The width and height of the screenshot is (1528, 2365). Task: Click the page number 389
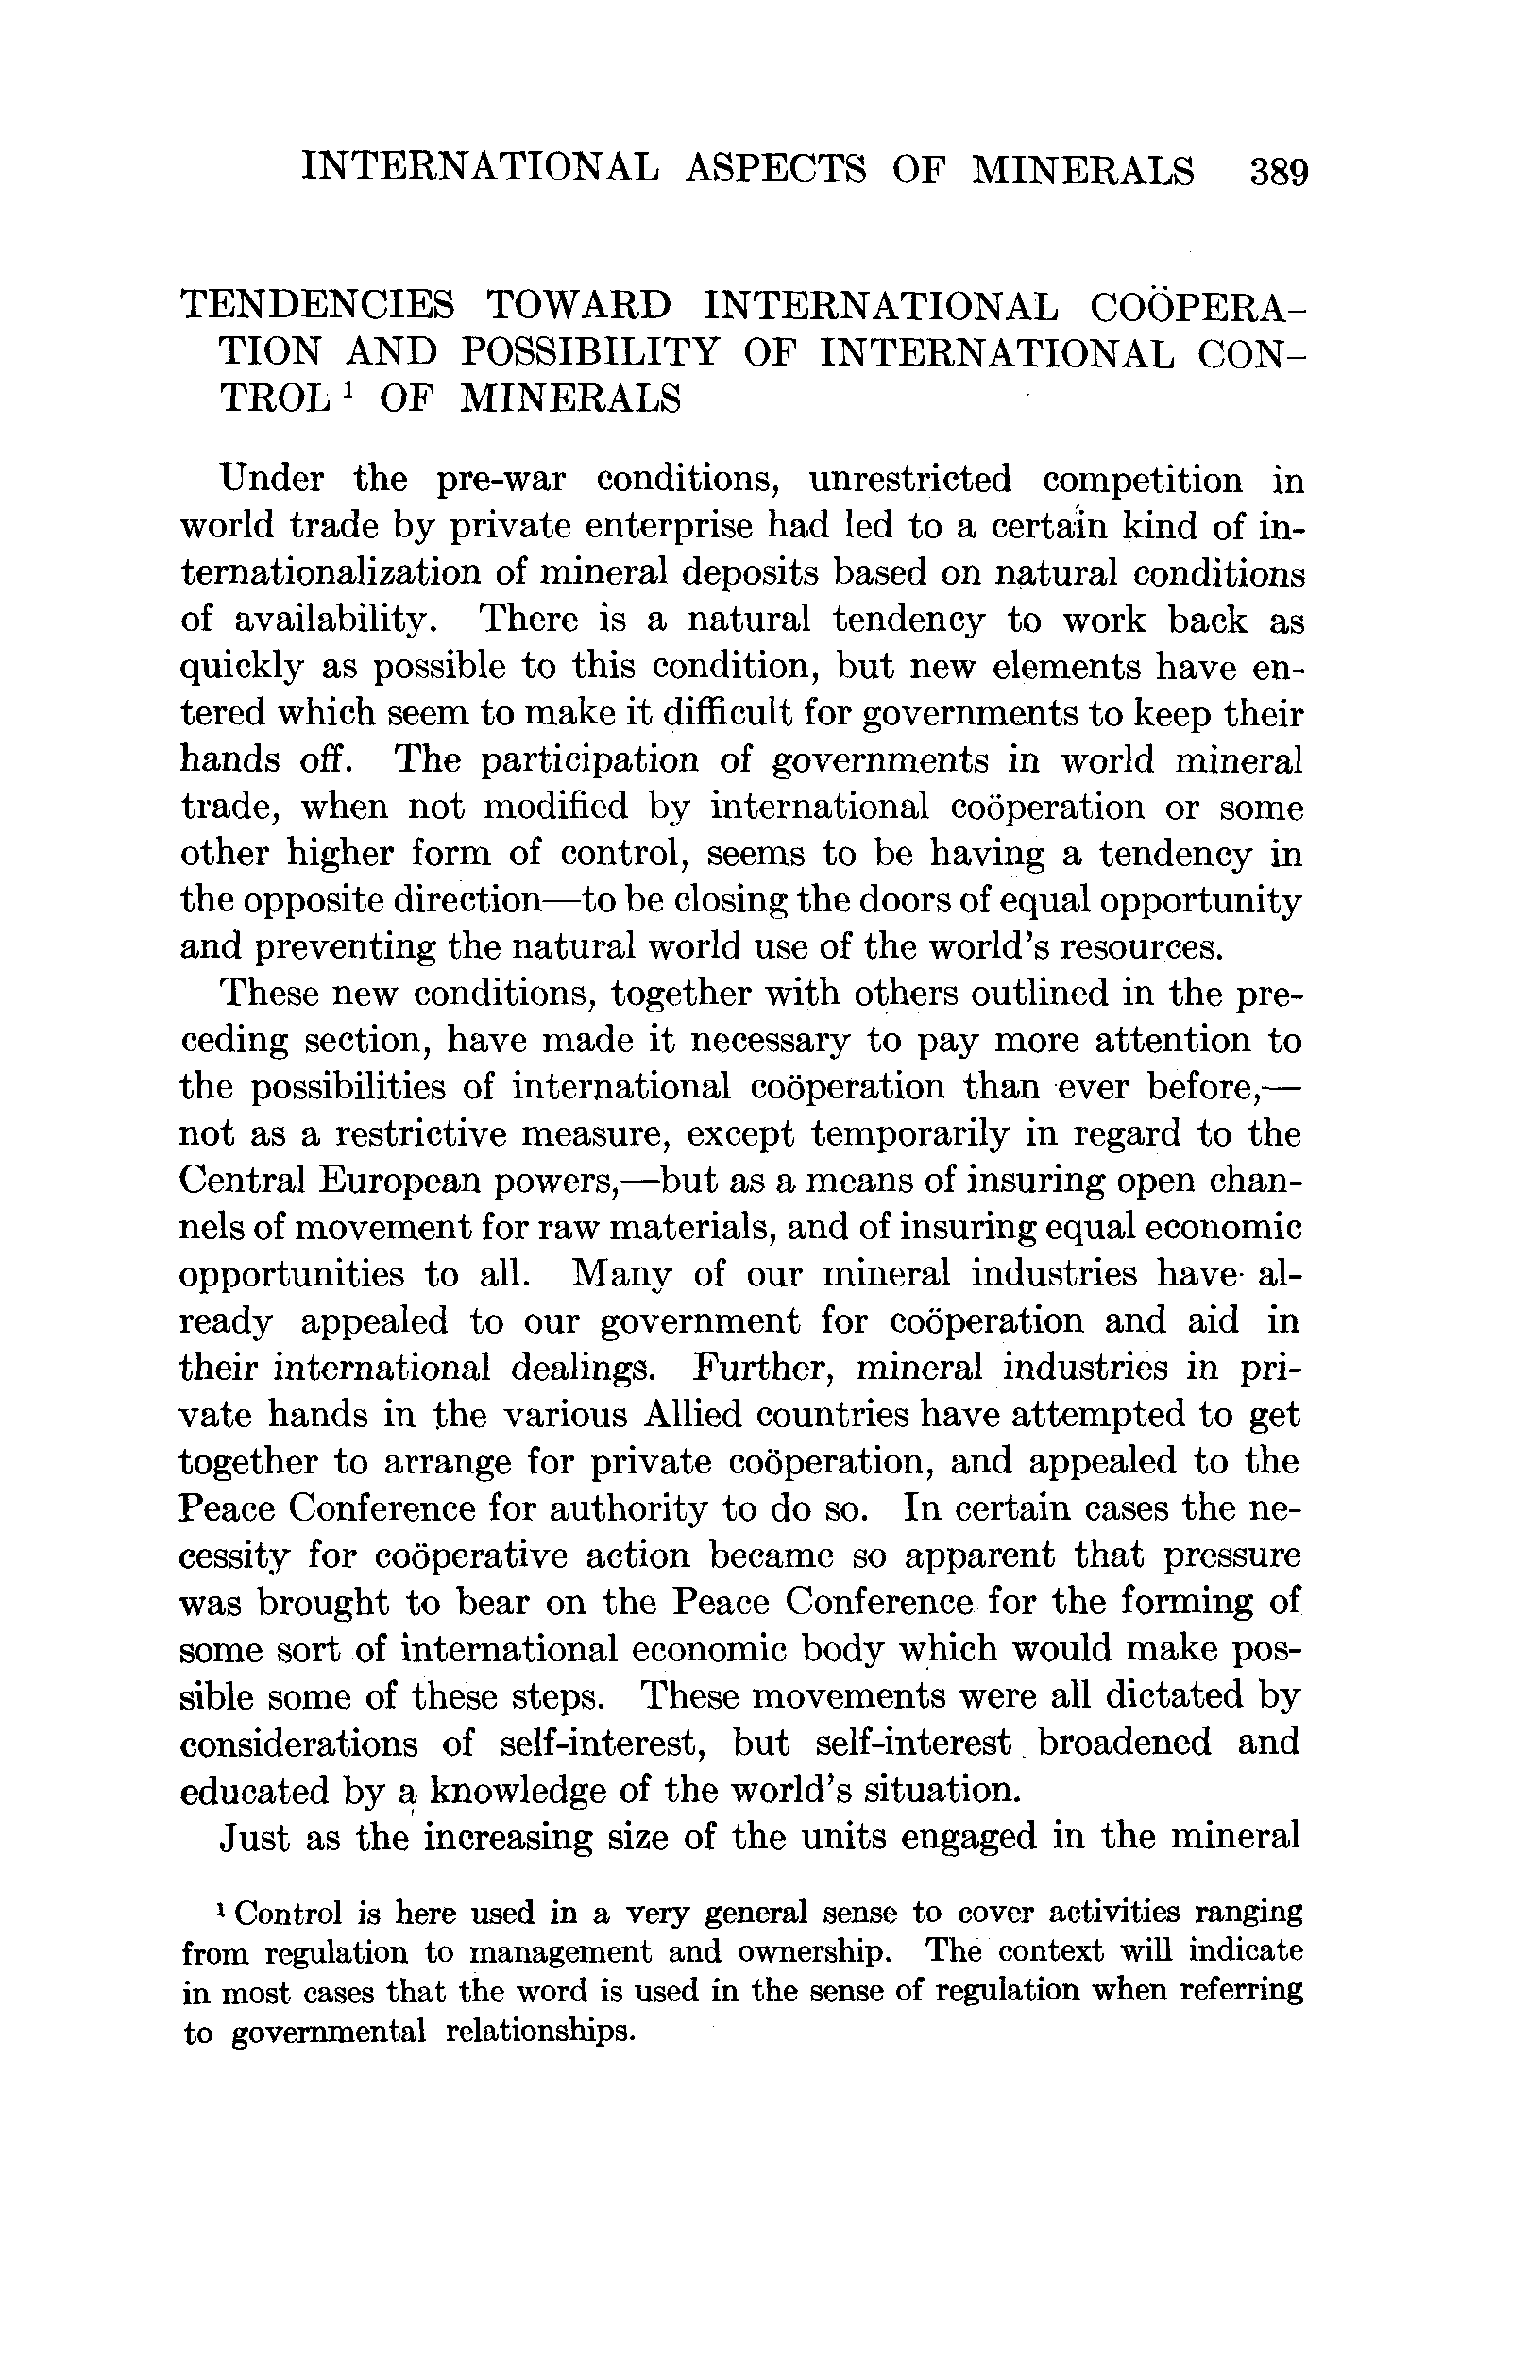click(1280, 172)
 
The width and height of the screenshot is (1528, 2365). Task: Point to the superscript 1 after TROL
click(346, 390)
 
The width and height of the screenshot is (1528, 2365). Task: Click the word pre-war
click(501, 480)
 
